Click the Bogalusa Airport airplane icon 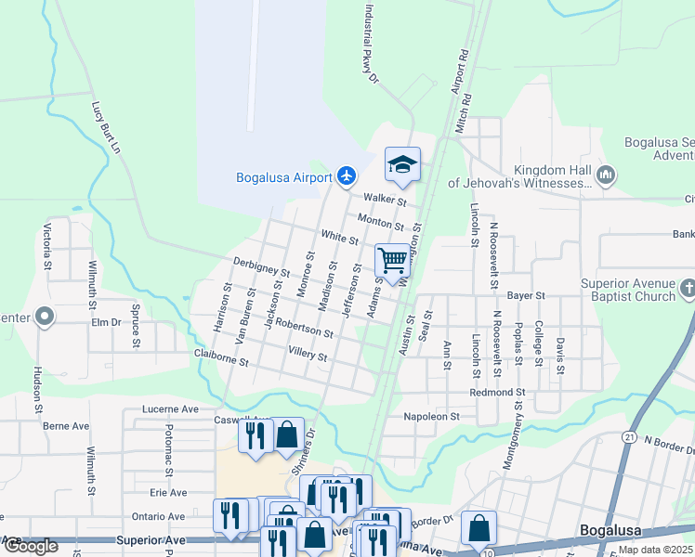tap(347, 175)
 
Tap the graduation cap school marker tap(402, 165)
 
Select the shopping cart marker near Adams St tap(393, 260)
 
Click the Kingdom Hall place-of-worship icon tap(606, 175)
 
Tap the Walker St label tap(386, 199)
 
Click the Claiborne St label tap(220, 357)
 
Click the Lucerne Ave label tap(170, 408)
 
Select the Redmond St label tap(498, 393)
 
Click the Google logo tap(31, 546)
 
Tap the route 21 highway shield tap(629, 437)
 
